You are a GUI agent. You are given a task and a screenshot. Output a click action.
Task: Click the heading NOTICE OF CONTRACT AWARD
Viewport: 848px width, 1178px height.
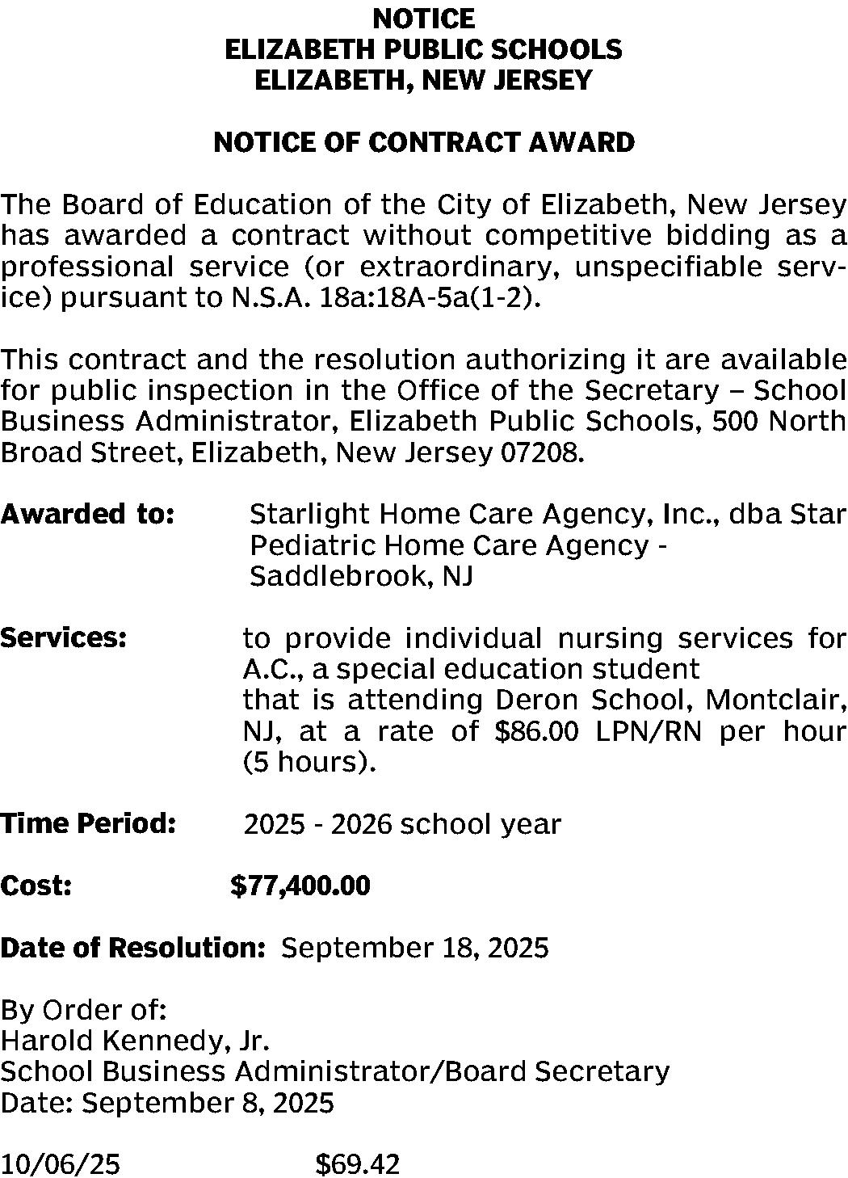(424, 143)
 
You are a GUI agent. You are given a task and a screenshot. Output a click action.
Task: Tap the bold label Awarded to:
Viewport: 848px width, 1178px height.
(88, 514)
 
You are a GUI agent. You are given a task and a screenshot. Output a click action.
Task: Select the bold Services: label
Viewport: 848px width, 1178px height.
(64, 638)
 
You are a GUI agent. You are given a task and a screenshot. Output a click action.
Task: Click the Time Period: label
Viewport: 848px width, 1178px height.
(88, 824)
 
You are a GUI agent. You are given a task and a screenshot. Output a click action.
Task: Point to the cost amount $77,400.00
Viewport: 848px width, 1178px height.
(300, 886)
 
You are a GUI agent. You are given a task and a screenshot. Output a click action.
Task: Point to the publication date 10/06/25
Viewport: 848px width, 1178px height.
(61, 1164)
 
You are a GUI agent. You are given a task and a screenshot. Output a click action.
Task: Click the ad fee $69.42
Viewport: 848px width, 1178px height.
(357, 1164)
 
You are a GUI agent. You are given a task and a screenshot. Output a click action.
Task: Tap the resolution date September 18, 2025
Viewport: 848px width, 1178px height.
(414, 948)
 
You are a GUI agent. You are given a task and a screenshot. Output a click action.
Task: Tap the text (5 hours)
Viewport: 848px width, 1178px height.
(309, 763)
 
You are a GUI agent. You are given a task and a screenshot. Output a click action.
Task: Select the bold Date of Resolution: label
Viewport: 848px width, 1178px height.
(133, 948)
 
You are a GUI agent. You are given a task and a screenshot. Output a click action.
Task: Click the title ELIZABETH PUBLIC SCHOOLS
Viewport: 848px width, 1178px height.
(424, 50)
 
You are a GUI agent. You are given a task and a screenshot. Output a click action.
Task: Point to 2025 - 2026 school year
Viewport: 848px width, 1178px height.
(402, 824)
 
